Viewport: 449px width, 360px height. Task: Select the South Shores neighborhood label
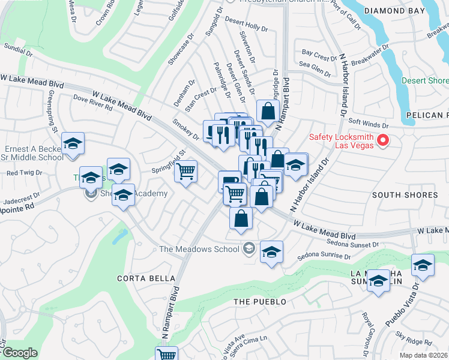tap(405, 195)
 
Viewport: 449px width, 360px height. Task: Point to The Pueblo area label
tap(259, 301)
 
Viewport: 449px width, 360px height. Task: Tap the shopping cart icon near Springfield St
tap(186, 172)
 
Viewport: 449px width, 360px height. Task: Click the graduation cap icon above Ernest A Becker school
tap(73, 143)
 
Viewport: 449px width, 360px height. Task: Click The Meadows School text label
tap(199, 249)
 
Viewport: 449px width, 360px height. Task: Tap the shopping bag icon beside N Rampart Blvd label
tap(268, 111)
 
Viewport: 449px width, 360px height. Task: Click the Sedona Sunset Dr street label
tap(345, 244)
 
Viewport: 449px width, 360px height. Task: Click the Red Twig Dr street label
tap(24, 173)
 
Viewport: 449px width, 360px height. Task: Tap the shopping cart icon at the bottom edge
tap(166, 354)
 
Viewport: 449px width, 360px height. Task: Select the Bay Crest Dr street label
tap(319, 58)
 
